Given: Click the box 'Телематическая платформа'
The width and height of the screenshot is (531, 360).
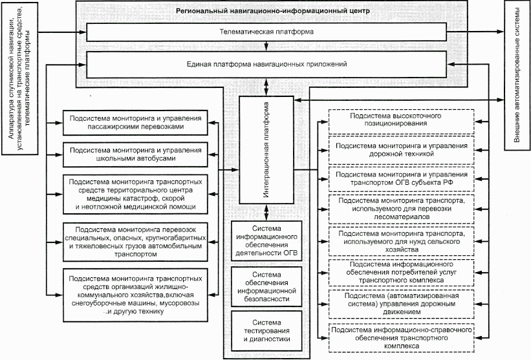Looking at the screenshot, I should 266,32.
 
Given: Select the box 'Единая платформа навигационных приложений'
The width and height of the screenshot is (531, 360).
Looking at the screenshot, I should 266,65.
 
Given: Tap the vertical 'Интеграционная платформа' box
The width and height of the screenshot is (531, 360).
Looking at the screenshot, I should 267,151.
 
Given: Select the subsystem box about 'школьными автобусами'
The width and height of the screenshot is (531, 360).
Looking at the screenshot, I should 135,154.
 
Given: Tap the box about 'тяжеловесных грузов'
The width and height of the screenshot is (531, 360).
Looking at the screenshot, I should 135,242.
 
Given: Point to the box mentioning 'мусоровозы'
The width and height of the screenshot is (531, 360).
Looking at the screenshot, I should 135,293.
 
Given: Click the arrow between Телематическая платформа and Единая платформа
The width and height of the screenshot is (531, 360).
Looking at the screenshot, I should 266,47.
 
